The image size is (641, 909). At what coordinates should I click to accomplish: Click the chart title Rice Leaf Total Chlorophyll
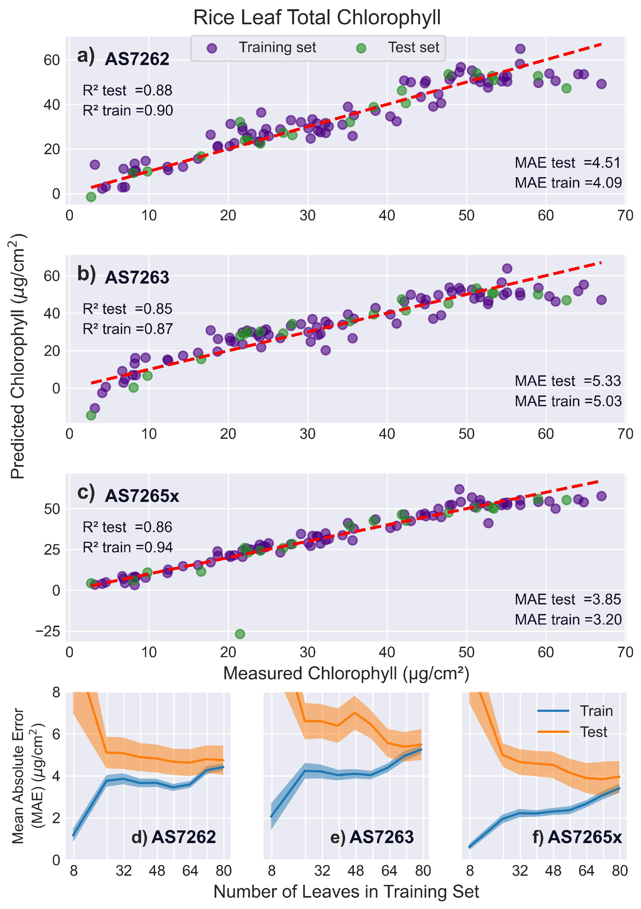point(317,18)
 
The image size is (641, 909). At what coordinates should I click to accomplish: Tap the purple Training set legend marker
point(212,48)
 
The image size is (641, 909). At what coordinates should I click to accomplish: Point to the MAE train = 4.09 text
point(568,183)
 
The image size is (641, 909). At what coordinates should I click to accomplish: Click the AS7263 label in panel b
point(137,277)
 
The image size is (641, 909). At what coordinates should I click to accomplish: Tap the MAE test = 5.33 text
point(568,381)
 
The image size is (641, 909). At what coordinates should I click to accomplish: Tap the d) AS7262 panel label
point(174,837)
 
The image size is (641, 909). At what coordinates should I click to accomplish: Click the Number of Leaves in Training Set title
point(346,891)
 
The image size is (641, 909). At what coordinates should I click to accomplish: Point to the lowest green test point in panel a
point(91,197)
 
